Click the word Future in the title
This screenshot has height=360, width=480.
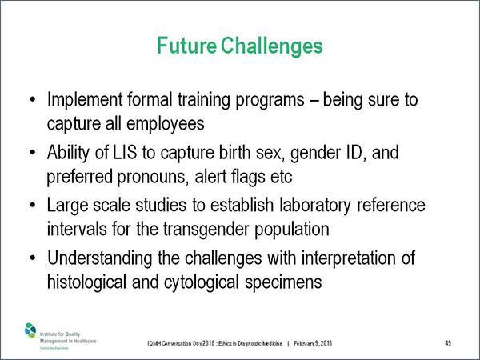186,46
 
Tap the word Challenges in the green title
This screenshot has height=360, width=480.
271,46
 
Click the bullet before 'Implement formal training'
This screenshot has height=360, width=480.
33,99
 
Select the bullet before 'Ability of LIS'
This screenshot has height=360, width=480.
33,153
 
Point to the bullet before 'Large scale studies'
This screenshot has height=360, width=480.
33,205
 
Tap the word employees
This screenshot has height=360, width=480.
166,125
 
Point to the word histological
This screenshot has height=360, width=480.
86,282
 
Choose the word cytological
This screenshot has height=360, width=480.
201,282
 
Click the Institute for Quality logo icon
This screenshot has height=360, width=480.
30,330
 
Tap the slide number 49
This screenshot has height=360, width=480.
448,343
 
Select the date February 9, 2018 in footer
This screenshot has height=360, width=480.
313,343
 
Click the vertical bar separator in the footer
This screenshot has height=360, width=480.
288,343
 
